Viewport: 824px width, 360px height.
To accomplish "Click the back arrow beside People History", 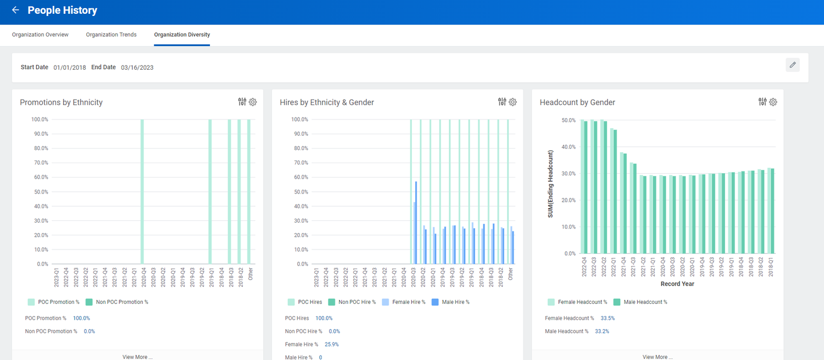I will tap(15, 10).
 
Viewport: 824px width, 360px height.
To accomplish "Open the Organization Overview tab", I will tap(40, 35).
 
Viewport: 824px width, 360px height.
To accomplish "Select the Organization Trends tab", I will tap(111, 35).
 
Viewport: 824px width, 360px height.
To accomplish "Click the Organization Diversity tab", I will tap(182, 35).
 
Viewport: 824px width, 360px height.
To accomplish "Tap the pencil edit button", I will tap(792, 65).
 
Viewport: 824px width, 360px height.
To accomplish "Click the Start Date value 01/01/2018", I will tap(70, 68).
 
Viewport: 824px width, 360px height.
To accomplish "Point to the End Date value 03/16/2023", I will tap(137, 68).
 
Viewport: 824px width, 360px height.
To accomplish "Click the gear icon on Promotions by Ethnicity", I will tap(253, 102).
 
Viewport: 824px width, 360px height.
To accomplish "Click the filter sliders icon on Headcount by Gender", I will tap(762, 102).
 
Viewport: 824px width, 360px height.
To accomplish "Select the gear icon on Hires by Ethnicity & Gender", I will tap(513, 102).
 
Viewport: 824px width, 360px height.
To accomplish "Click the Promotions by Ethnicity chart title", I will tap(61, 102).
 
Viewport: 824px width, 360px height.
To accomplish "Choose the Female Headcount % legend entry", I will tap(577, 302).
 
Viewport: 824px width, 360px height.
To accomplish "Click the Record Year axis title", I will tap(677, 284).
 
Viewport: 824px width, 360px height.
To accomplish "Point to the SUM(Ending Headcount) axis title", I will tap(550, 184).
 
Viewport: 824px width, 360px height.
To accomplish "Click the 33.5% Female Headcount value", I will tap(608, 318).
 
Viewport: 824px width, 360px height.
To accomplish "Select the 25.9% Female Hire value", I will tap(332, 345).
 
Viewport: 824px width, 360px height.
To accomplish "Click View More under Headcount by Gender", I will tap(657, 357).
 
